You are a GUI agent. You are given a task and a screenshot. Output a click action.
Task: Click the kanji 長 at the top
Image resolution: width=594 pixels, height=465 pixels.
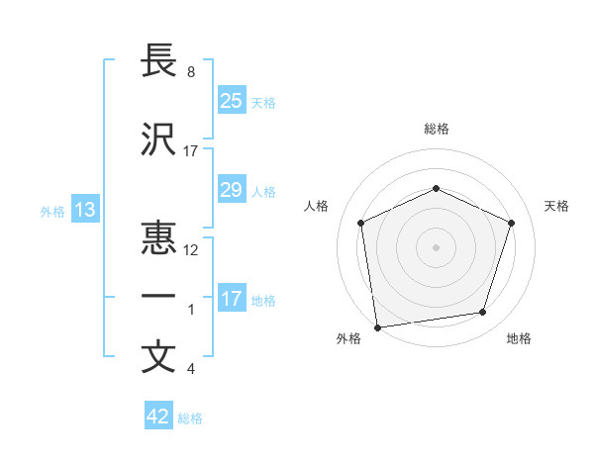click(159, 61)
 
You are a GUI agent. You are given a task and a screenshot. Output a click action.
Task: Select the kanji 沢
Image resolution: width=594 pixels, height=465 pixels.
click(159, 139)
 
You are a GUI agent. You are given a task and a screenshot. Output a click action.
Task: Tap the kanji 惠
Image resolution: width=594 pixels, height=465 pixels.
click(159, 239)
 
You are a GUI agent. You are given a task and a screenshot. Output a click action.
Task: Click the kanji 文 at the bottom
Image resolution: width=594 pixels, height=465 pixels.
click(159, 357)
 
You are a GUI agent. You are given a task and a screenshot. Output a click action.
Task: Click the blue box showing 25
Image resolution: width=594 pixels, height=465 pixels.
click(231, 101)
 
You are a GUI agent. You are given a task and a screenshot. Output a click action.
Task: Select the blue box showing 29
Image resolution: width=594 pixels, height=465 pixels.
click(231, 190)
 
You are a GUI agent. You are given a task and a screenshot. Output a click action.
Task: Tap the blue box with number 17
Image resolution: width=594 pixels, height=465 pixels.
click(231, 299)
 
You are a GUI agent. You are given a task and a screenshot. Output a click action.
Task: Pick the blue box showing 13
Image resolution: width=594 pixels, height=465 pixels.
click(84, 210)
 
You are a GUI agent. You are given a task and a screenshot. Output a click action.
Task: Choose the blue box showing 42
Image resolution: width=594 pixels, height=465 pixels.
click(158, 417)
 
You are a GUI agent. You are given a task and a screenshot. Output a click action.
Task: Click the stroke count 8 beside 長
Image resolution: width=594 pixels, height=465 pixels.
click(190, 72)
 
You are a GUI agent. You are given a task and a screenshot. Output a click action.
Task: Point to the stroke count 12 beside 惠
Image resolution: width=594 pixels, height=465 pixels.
click(191, 250)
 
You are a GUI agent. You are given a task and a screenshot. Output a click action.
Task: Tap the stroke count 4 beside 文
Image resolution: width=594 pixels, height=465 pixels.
click(190, 369)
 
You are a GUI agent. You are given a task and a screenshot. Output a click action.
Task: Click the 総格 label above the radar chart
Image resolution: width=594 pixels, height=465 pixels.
click(436, 129)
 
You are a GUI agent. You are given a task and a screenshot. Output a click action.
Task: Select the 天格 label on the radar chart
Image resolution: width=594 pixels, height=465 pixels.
click(556, 206)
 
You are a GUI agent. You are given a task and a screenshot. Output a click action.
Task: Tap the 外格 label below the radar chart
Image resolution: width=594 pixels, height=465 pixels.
click(348, 339)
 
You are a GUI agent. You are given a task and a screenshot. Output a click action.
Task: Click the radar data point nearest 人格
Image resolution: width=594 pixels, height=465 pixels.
click(362, 223)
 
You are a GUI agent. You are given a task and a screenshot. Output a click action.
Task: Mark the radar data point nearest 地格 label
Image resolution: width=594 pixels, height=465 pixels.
click(483, 313)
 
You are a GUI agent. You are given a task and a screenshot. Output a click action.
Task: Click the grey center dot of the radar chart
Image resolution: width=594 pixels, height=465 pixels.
click(436, 246)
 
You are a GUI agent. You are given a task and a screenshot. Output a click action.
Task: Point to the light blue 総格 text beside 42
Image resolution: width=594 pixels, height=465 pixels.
click(190, 418)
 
